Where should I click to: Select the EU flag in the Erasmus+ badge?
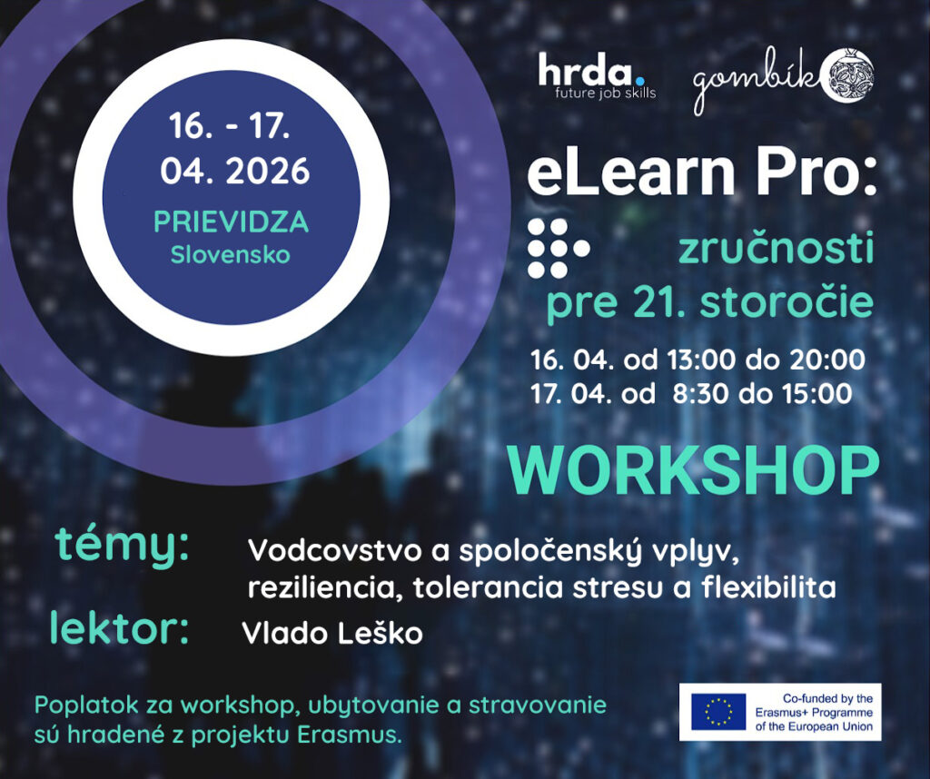[718, 712]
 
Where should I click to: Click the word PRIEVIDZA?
[232, 222]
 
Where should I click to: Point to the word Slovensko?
[231, 255]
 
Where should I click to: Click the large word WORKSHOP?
[693, 470]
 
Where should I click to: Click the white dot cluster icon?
[559, 249]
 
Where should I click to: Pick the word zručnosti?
[777, 248]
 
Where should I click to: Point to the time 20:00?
[830, 360]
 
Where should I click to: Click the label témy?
[123, 546]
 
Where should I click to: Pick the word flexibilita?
[768, 587]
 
